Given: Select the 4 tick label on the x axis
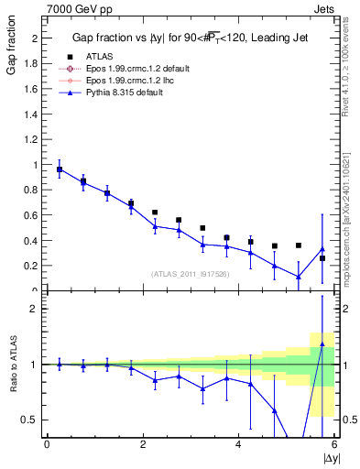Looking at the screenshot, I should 238,445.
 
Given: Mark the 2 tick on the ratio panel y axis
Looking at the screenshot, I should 37,309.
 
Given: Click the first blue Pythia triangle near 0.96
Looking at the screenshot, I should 60,169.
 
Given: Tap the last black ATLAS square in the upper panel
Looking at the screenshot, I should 322,258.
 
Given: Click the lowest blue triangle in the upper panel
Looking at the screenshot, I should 299,277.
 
